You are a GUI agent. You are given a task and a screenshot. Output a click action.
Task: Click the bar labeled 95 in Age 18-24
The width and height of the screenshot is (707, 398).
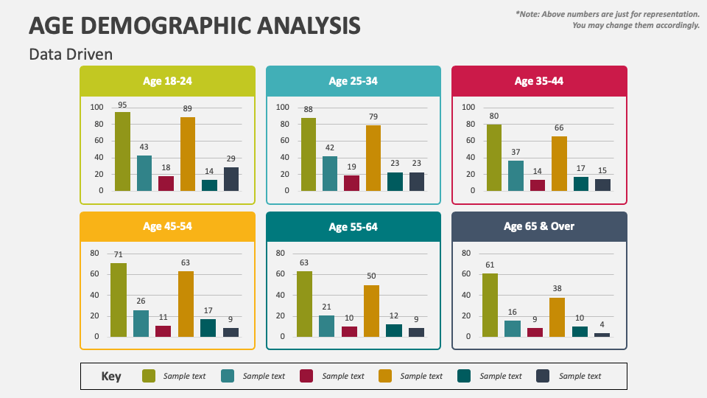(122, 151)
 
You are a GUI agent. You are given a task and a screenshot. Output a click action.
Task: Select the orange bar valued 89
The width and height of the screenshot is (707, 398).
(188, 153)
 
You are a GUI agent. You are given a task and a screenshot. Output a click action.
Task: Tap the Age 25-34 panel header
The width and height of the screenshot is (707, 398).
(353, 81)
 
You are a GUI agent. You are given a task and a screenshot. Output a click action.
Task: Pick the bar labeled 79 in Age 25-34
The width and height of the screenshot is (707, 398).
(373, 158)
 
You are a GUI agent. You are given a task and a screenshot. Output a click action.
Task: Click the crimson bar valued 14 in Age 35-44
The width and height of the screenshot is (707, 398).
(538, 185)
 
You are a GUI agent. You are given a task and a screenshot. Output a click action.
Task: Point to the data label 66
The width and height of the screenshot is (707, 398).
(559, 128)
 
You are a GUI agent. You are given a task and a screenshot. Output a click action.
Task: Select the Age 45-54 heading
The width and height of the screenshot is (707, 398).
(167, 226)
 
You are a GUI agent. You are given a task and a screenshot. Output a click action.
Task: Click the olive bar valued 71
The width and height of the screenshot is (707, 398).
(119, 299)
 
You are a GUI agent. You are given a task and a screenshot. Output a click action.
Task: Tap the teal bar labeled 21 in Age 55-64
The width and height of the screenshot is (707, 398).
(326, 326)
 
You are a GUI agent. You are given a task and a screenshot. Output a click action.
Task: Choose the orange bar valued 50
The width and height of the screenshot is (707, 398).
(371, 310)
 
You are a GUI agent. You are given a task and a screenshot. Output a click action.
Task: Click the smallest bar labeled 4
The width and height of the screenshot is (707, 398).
(602, 335)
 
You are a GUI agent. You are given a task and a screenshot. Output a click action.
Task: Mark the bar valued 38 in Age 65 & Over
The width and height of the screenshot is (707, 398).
(557, 317)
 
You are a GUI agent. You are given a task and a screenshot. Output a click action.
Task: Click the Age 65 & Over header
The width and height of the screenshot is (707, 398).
(539, 226)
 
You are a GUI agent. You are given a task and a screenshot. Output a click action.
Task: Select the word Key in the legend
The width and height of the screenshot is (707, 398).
(110, 376)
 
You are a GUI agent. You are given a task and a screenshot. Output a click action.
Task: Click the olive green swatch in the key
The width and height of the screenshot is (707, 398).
(149, 376)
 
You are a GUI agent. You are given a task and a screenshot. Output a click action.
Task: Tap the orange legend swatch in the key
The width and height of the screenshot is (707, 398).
(385, 376)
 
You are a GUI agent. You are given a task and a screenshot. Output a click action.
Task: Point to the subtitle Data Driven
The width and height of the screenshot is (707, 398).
(71, 55)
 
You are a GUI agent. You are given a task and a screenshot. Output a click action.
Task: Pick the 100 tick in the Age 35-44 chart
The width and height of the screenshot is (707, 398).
(468, 107)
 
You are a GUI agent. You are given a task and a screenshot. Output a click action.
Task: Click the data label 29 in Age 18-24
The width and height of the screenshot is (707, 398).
(231, 159)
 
